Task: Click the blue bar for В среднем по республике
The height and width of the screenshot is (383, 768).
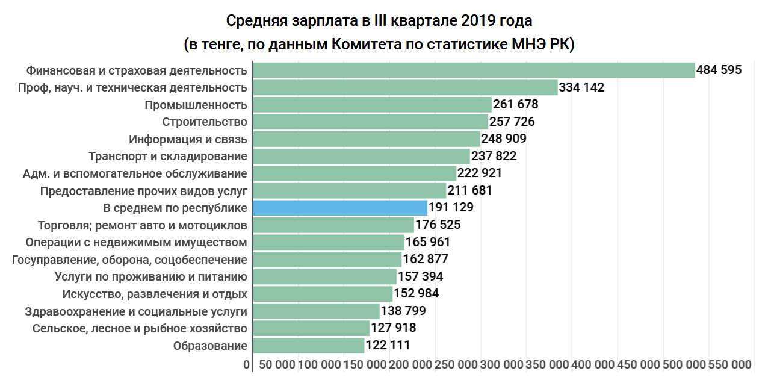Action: click(x=340, y=208)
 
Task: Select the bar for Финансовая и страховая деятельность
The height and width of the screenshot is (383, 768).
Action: click(x=474, y=70)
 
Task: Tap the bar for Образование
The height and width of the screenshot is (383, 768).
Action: click(x=309, y=346)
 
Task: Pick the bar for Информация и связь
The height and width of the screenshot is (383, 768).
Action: click(x=367, y=139)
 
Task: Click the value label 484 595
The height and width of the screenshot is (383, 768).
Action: click(x=719, y=70)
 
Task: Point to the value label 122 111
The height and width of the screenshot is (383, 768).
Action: click(x=388, y=346)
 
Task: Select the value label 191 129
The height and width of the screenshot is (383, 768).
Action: click(x=451, y=208)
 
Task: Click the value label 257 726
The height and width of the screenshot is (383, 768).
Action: click(x=512, y=122)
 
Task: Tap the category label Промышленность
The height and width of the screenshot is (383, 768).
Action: click(x=196, y=105)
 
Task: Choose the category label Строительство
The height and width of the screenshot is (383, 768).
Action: click(x=205, y=122)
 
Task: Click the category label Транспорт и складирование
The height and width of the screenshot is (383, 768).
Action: click(x=168, y=157)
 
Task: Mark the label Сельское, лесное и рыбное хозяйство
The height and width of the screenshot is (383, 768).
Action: click(x=140, y=329)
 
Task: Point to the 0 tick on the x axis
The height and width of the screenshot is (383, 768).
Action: click(x=247, y=365)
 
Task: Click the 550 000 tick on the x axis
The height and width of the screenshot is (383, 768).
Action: click(x=730, y=365)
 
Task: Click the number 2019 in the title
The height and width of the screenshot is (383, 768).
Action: click(x=477, y=21)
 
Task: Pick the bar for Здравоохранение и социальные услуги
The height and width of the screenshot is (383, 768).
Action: click(x=317, y=311)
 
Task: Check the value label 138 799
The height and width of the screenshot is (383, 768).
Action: click(x=404, y=311)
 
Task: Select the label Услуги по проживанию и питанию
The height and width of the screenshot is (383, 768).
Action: click(x=151, y=277)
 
